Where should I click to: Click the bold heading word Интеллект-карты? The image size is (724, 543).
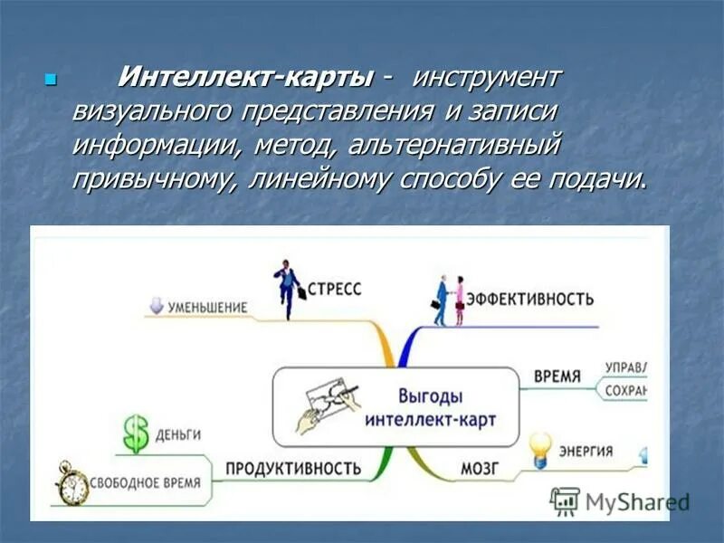coord(245,77)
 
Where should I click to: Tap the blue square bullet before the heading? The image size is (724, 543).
coord(51,79)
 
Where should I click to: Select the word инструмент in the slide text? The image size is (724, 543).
coord(487,77)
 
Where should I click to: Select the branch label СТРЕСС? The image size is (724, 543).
coord(334,289)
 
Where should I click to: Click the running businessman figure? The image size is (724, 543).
coord(288,289)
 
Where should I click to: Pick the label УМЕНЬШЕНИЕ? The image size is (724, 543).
coord(208,307)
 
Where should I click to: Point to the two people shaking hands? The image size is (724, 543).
coord(449,299)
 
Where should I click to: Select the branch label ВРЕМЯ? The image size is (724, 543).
coord(557,376)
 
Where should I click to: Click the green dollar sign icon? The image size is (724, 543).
coord(136,434)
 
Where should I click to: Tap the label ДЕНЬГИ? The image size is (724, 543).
coord(177,434)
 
